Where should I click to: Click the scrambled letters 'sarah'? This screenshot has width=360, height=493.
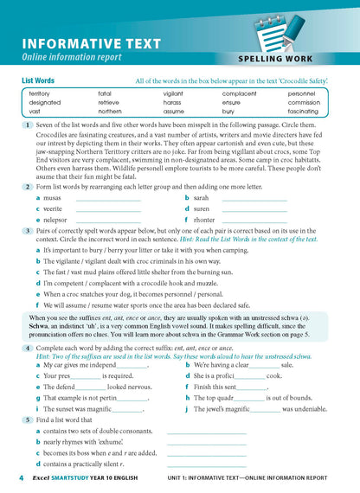click(202, 198)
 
